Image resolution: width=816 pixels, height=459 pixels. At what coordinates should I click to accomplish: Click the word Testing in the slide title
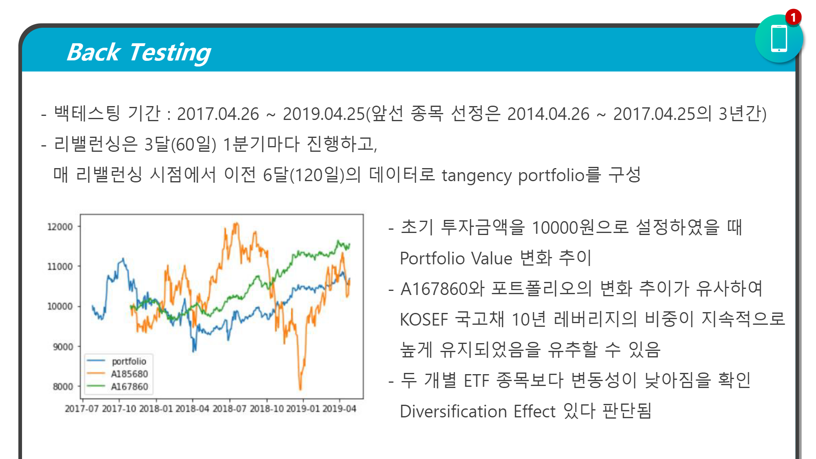point(170,53)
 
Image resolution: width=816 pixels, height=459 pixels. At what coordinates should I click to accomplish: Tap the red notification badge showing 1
point(793,18)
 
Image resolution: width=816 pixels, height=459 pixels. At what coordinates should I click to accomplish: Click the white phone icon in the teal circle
point(778,39)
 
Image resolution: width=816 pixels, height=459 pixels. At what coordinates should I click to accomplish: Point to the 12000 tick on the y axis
point(60,227)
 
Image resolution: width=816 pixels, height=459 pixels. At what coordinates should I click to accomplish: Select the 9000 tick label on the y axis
point(63,347)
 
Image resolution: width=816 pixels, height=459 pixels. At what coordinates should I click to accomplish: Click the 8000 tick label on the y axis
point(63,386)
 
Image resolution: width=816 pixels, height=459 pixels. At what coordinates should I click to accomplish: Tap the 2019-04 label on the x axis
point(339,408)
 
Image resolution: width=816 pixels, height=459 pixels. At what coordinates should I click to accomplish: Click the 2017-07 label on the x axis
point(82,408)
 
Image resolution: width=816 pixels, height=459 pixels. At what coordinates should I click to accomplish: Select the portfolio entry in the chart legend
point(129,361)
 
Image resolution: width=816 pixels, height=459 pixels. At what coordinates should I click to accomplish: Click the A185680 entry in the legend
point(129,374)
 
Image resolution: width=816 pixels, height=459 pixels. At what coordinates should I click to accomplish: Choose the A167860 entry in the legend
point(129,386)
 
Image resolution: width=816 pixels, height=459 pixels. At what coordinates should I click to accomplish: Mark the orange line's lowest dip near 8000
point(300,388)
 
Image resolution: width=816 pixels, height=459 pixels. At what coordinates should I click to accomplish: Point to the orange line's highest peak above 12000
point(236,224)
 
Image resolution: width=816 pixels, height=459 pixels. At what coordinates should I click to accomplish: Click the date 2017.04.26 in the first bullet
point(218,114)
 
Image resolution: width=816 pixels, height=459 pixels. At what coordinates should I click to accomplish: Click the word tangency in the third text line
point(476,175)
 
